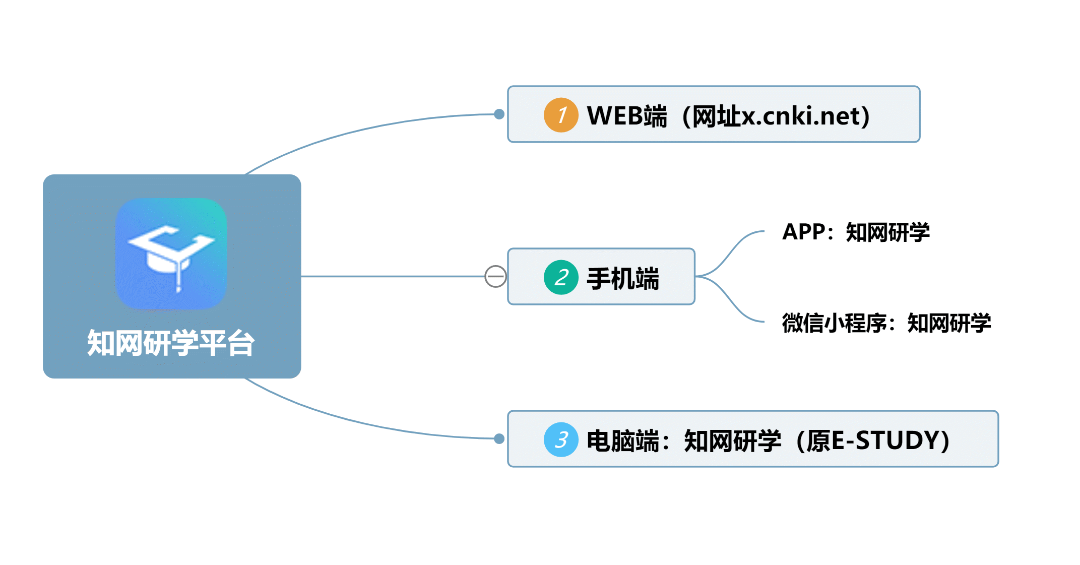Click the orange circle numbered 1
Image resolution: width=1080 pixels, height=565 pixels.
click(560, 115)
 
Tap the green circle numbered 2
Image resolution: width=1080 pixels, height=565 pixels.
click(560, 277)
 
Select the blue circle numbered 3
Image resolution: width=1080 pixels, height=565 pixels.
click(560, 440)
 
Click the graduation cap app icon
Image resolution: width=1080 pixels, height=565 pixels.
click(171, 254)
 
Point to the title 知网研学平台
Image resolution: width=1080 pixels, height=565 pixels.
click(171, 343)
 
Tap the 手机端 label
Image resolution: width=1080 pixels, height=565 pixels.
click(623, 278)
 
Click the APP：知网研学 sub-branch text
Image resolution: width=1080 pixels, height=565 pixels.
click(856, 232)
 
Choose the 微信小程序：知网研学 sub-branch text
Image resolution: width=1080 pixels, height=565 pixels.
click(886, 323)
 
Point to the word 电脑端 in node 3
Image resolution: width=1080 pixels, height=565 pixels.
click(623, 441)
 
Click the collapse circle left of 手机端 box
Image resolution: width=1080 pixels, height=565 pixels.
click(495, 276)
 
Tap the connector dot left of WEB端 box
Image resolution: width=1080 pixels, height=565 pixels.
click(499, 114)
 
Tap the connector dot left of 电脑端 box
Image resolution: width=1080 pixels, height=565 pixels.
click(499, 438)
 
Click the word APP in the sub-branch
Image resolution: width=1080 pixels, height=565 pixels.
click(804, 232)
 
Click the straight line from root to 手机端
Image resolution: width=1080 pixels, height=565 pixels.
click(393, 276)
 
